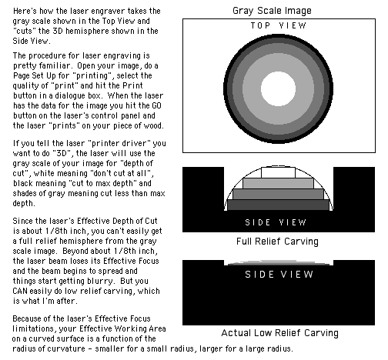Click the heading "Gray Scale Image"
point(272,11)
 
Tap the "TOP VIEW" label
point(279,25)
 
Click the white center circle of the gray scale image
point(279,88)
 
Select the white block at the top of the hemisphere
point(279,172)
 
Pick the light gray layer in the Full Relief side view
point(279,184)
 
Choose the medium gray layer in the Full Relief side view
point(279,195)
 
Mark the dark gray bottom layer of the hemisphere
point(279,205)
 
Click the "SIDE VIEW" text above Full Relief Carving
point(276,222)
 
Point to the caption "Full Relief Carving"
point(277,242)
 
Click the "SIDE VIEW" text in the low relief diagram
point(279,275)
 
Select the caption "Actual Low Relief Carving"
point(279,333)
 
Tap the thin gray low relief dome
point(279,262)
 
